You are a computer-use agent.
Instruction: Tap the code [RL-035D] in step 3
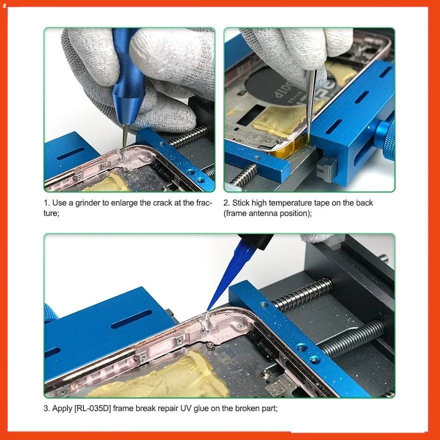click(x=92, y=408)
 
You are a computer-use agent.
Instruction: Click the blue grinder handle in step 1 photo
click(x=127, y=78)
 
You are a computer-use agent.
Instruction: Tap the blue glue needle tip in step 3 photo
click(x=208, y=310)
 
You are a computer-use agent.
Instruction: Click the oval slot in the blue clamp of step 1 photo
click(x=70, y=153)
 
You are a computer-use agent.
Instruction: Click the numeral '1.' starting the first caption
click(x=46, y=203)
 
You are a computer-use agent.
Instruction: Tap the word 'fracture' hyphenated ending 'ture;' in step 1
click(x=51, y=213)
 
